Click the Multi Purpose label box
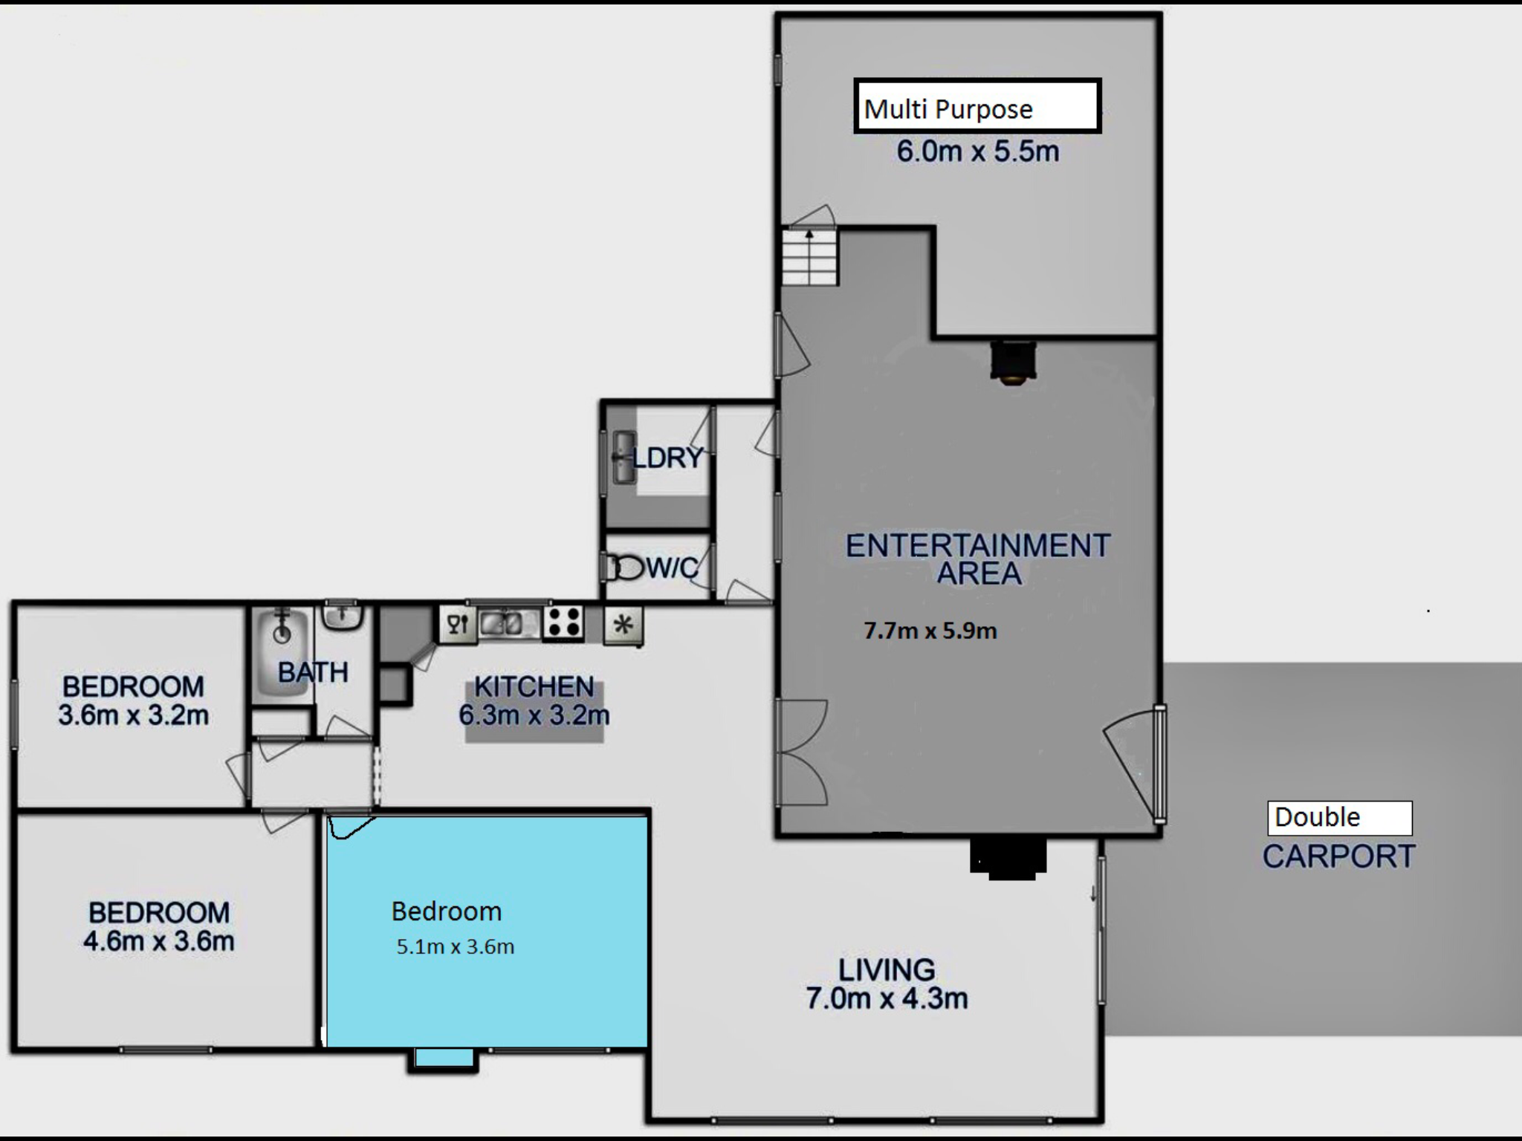pyautogui.click(x=977, y=106)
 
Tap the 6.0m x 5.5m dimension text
pyautogui.click(x=977, y=152)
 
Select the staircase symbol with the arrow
pyautogui.click(x=810, y=257)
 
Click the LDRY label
pyautogui.click(x=667, y=458)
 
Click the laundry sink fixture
pyautogui.click(x=624, y=458)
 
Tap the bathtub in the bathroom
pyautogui.click(x=281, y=651)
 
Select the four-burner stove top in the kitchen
pyautogui.click(x=563, y=622)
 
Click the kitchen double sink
pyautogui.click(x=508, y=622)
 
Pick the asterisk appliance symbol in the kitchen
pyautogui.click(x=623, y=625)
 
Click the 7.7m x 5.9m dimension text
pyautogui.click(x=930, y=631)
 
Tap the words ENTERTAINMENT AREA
pyautogui.click(x=978, y=559)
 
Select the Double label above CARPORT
pyautogui.click(x=1339, y=818)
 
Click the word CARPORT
pyautogui.click(x=1338, y=856)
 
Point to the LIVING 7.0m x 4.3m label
pyautogui.click(x=887, y=984)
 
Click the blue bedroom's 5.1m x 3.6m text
pyautogui.click(x=455, y=946)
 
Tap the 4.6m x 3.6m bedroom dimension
pyautogui.click(x=159, y=941)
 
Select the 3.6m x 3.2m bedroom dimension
pyautogui.click(x=133, y=715)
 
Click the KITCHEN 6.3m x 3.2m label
pyautogui.click(x=534, y=700)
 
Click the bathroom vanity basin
pyautogui.click(x=342, y=617)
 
